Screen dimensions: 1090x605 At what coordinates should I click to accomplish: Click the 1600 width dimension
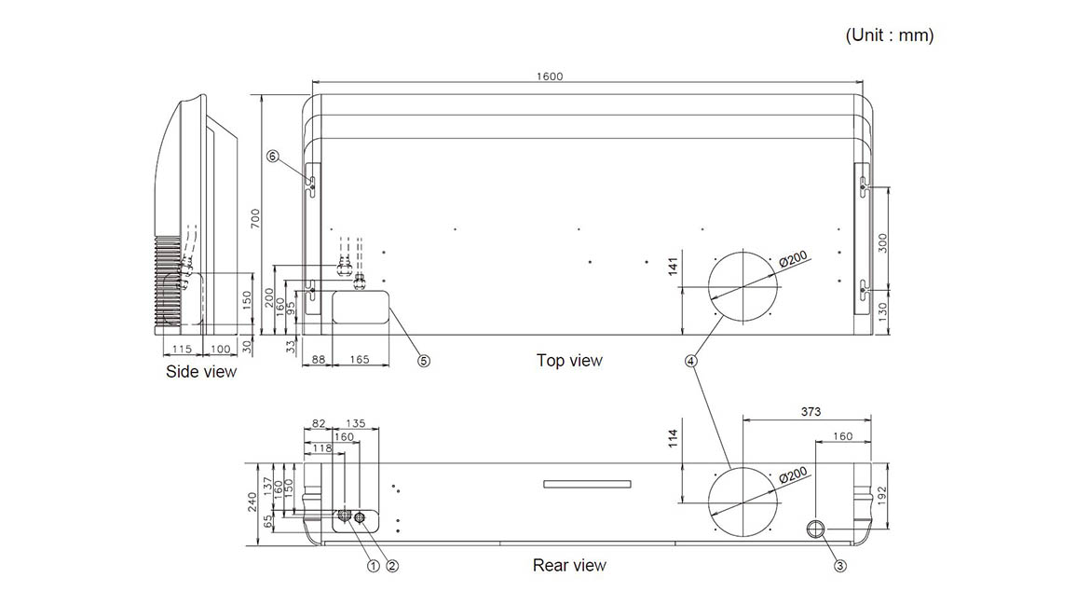click(x=549, y=76)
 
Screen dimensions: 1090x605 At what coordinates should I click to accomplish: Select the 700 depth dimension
click(x=255, y=220)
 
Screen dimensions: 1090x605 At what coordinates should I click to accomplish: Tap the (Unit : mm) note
click(x=889, y=34)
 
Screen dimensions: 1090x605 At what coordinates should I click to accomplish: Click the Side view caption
click(x=201, y=371)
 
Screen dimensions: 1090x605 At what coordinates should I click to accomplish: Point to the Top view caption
click(x=569, y=360)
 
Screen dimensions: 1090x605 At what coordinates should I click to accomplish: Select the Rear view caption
click(x=569, y=565)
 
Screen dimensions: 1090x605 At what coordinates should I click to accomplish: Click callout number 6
click(x=272, y=157)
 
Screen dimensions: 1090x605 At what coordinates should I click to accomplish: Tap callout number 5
click(x=423, y=361)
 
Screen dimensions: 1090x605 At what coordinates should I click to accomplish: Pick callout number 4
click(x=690, y=361)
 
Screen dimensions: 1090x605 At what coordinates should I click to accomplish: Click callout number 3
click(x=839, y=566)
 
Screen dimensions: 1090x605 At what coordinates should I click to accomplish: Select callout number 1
click(x=374, y=566)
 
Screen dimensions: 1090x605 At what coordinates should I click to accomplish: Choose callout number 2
click(x=392, y=566)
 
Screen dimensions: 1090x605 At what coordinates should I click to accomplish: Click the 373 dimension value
click(x=811, y=412)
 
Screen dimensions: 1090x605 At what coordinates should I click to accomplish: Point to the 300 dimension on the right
click(x=882, y=242)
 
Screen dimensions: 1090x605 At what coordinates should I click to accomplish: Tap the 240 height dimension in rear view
click(x=252, y=502)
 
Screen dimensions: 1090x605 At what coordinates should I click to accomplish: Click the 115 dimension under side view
click(x=182, y=349)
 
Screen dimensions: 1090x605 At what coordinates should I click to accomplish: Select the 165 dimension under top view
click(x=360, y=360)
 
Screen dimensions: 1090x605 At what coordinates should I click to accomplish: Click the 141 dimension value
click(x=673, y=267)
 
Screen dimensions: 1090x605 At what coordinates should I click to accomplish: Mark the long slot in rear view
click(x=588, y=484)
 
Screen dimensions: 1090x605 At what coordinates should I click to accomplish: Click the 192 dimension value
click(x=882, y=496)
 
